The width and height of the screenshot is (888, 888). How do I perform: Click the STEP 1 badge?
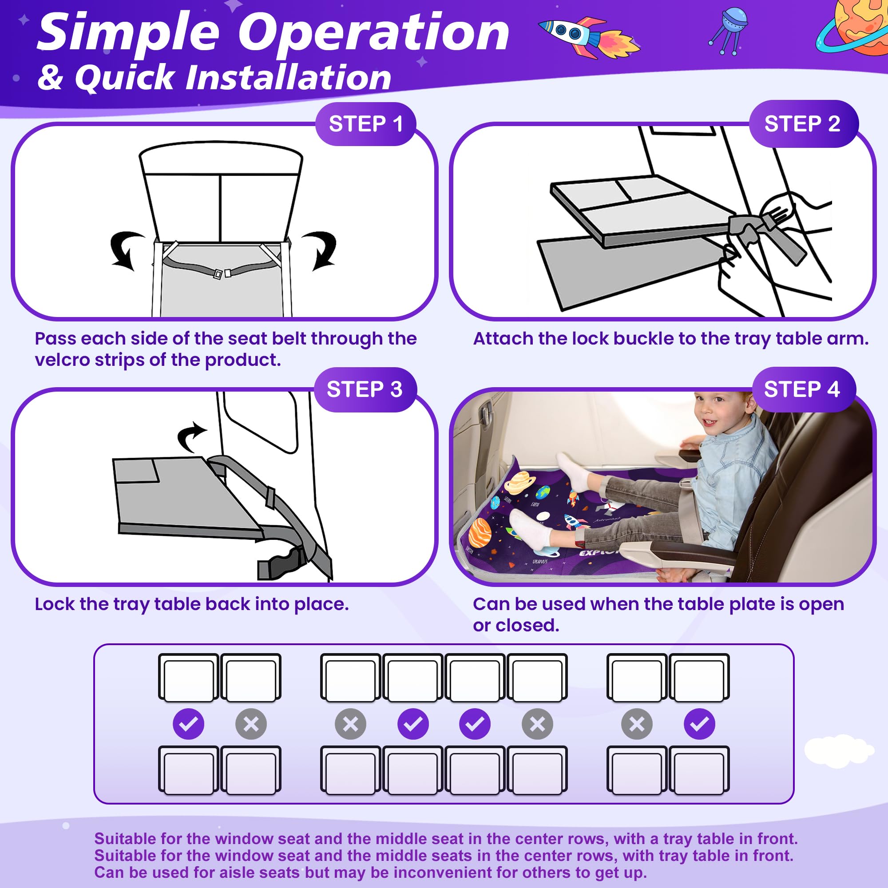[x=366, y=123]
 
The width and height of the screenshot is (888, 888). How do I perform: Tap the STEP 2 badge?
[x=804, y=123]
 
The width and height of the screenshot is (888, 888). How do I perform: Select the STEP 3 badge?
[x=365, y=389]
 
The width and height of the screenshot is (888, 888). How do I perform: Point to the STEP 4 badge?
[x=804, y=389]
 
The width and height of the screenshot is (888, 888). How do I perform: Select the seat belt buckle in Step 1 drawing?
[x=222, y=274]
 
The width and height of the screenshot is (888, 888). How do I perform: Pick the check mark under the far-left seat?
[x=188, y=724]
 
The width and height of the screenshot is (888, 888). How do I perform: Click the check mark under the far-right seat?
[x=699, y=724]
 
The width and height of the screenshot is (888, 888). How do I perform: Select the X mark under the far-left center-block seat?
[x=351, y=724]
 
